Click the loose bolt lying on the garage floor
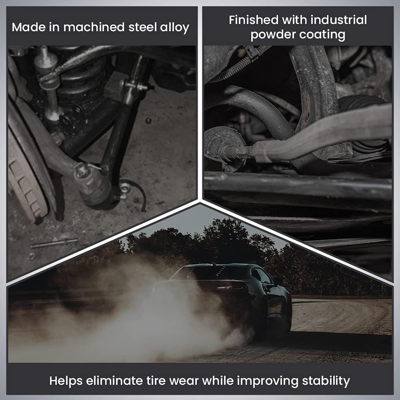pos(54,243)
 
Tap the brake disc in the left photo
pos(24,176)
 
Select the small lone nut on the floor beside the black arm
pos(148,120)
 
